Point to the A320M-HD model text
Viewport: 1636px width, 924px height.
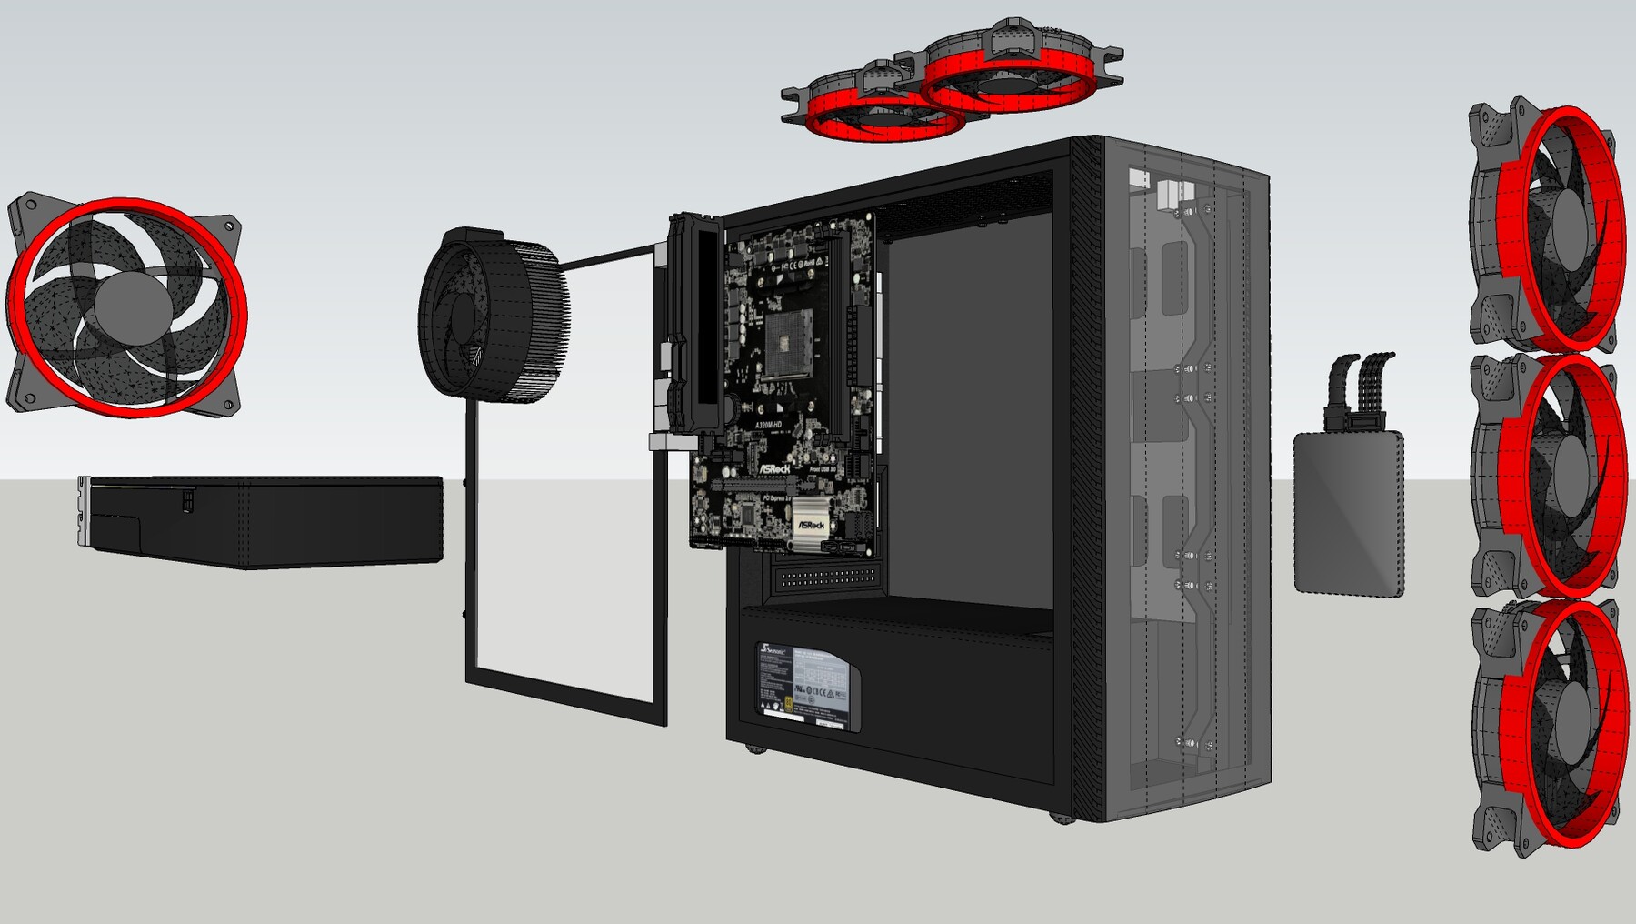tap(769, 424)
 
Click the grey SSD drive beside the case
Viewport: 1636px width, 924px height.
tap(1349, 514)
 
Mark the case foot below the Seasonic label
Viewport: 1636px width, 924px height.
tap(755, 748)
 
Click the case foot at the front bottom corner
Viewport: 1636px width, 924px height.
tap(1062, 818)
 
